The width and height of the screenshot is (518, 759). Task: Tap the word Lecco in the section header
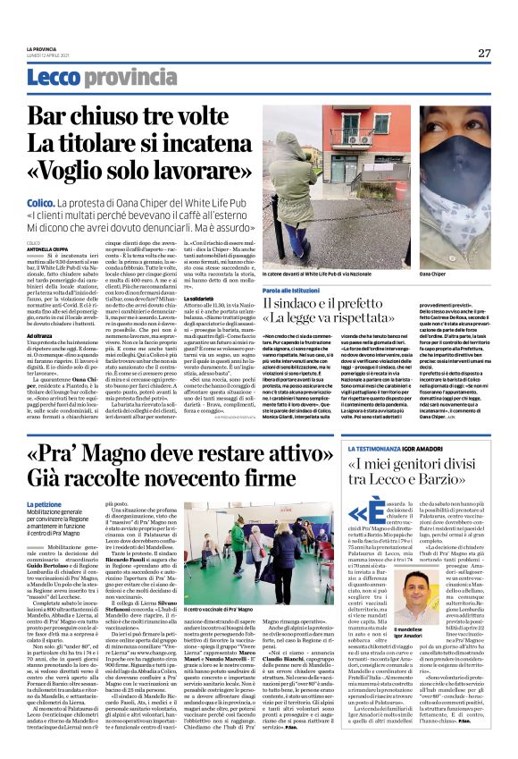53,79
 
